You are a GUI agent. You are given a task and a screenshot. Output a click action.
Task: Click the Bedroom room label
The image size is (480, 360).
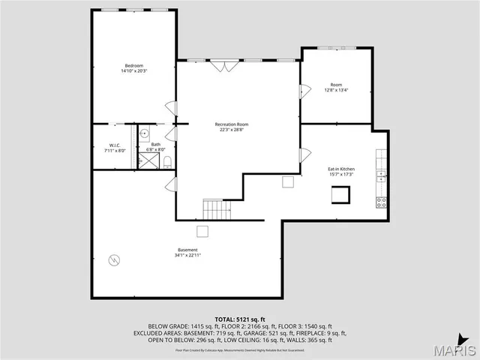coord(133,65)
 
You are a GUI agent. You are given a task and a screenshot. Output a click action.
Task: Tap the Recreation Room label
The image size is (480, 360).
coord(231,124)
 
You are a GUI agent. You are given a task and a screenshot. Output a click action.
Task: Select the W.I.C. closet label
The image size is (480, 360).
coord(115,145)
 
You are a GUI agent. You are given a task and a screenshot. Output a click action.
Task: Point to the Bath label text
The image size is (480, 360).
coord(155,144)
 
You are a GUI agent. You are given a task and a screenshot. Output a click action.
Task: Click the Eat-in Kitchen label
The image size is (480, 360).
coord(341,169)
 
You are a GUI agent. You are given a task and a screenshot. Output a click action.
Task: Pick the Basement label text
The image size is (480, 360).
coord(187,250)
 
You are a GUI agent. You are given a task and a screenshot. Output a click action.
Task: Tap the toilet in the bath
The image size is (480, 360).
coord(168,161)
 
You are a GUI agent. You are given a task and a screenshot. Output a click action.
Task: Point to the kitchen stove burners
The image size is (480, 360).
coord(381,201)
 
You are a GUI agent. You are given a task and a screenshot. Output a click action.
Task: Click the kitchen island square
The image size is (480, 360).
coord(342,194)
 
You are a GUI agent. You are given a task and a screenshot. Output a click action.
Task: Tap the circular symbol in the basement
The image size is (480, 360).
coord(114,260)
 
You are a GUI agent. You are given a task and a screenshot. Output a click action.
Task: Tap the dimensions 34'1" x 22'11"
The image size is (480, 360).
coord(187,256)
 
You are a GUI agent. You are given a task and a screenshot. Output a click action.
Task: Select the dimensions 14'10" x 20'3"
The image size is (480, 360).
coord(133,71)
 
